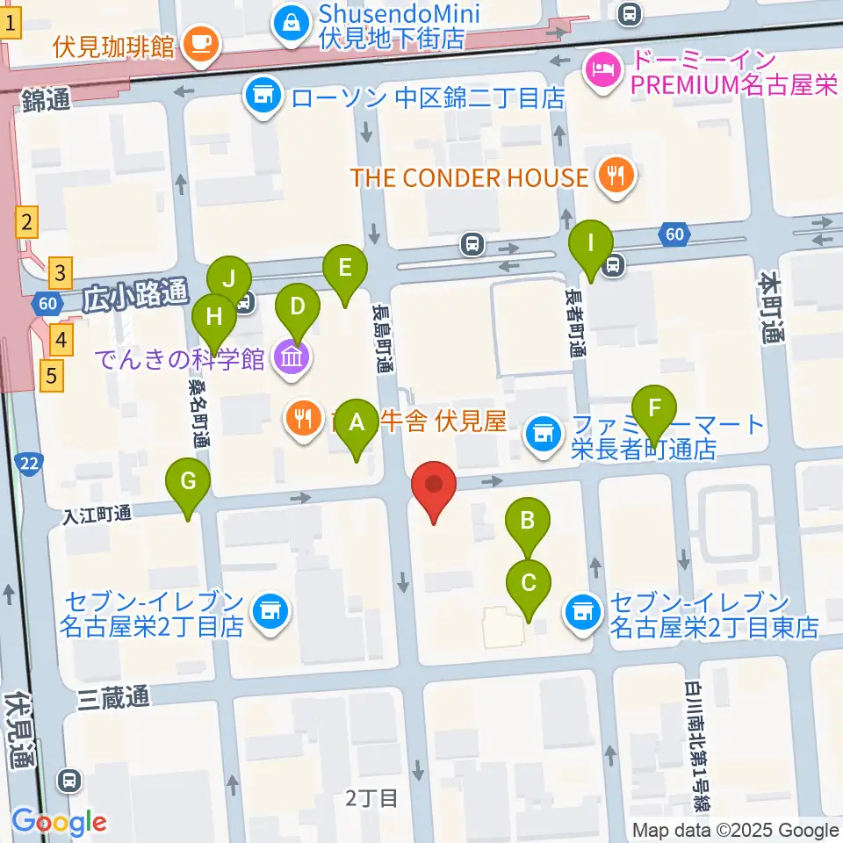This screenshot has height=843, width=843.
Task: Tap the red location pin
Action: point(434,486)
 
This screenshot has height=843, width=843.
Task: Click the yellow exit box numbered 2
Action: point(28,222)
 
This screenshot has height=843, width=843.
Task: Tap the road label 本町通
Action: point(772,307)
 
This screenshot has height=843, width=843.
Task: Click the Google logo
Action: point(59,822)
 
